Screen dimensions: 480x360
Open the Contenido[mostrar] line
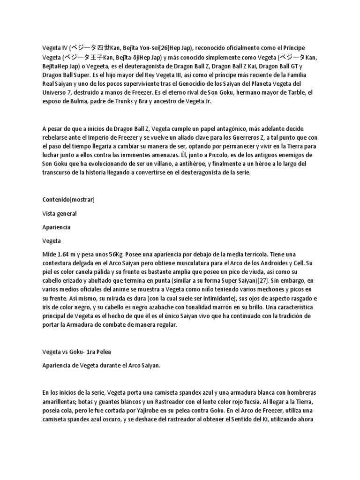(68, 199)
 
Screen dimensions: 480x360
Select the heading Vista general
(60, 213)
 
